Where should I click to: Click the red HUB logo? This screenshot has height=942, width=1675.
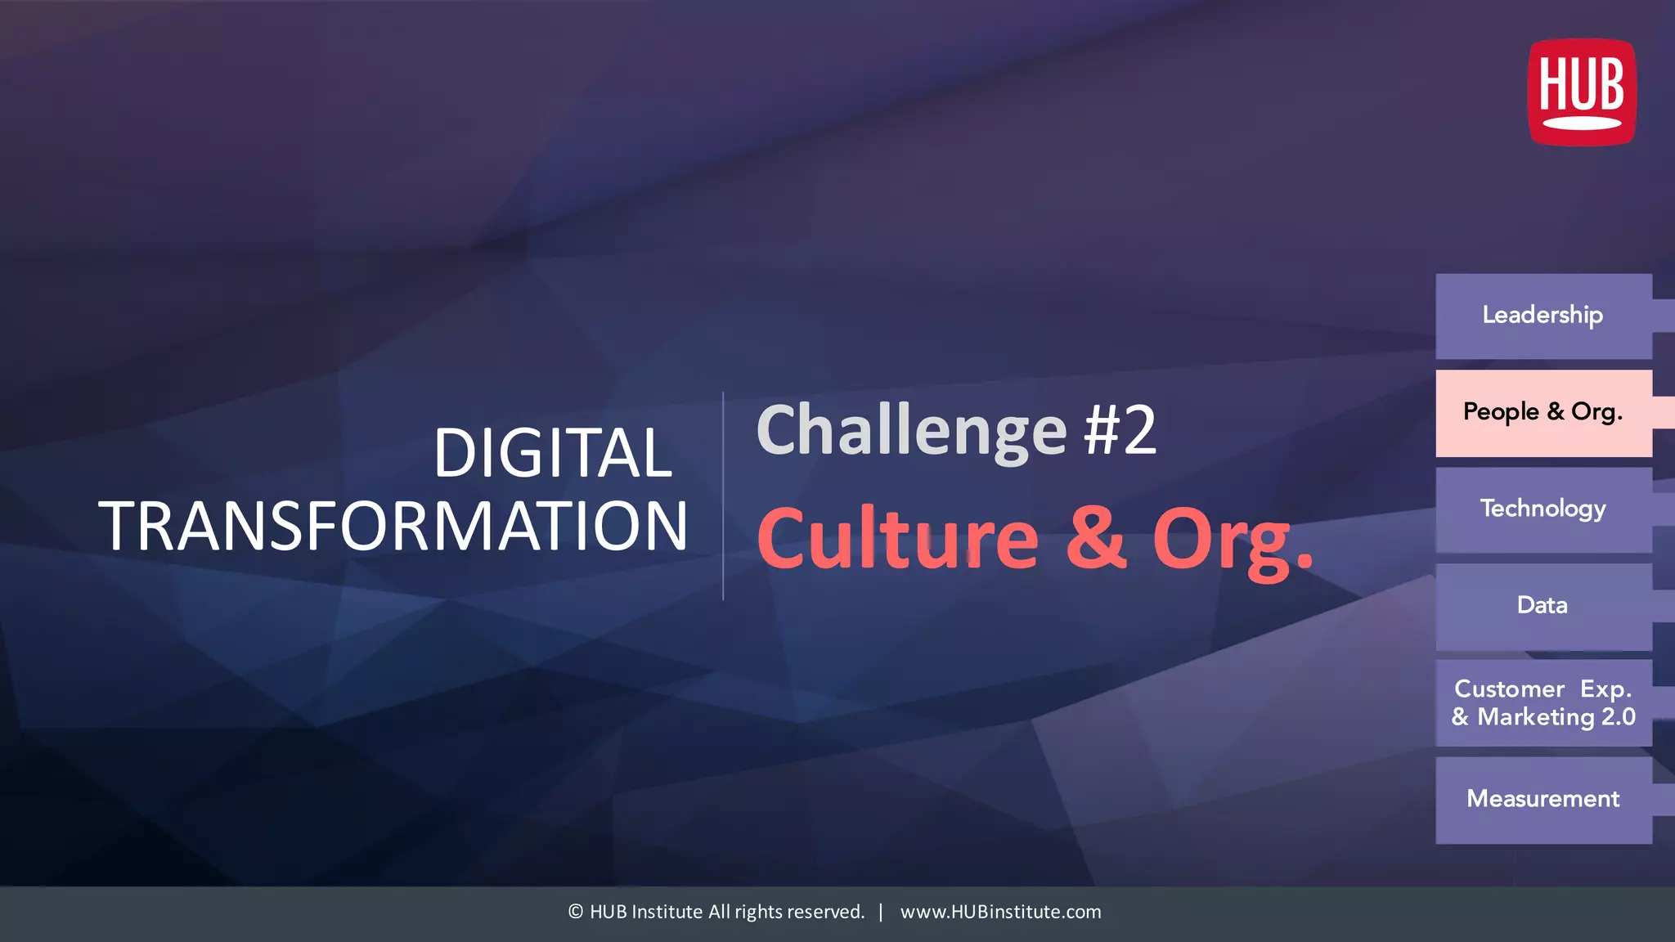tap(1582, 92)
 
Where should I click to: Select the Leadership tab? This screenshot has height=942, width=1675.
tap(1543, 316)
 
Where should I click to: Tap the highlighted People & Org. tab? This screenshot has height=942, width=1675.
tap(1543, 412)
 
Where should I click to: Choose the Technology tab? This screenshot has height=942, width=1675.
tap(1543, 509)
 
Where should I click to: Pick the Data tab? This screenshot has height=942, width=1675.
tap(1543, 606)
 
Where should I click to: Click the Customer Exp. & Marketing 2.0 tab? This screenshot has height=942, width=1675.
tap(1543, 702)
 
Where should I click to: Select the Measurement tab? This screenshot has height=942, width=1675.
tap(1543, 799)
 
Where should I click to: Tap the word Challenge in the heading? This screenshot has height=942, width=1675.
tap(911, 432)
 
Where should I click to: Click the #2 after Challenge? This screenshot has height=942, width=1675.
tap(1120, 430)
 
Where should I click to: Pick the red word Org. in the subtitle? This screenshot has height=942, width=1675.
tap(1232, 540)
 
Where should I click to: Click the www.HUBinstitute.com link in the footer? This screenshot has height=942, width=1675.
tap(1000, 912)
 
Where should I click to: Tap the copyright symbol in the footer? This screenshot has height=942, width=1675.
tap(576, 912)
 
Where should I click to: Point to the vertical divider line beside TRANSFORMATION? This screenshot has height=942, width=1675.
tap(723, 496)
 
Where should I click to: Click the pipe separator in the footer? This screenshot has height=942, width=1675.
tap(881, 912)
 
